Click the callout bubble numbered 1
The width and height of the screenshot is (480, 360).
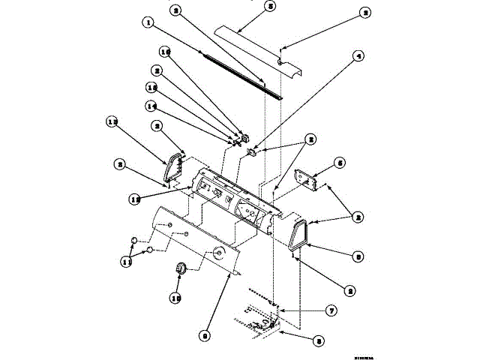pos(149,23)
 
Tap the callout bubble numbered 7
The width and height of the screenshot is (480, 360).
pos(331,310)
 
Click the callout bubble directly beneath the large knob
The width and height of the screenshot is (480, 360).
pos(178,297)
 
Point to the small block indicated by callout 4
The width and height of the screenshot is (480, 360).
pos(253,152)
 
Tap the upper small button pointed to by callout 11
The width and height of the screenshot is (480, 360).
pos(134,240)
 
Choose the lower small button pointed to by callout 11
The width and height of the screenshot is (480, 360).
pos(150,249)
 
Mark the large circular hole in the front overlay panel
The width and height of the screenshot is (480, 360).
pos(220,253)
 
